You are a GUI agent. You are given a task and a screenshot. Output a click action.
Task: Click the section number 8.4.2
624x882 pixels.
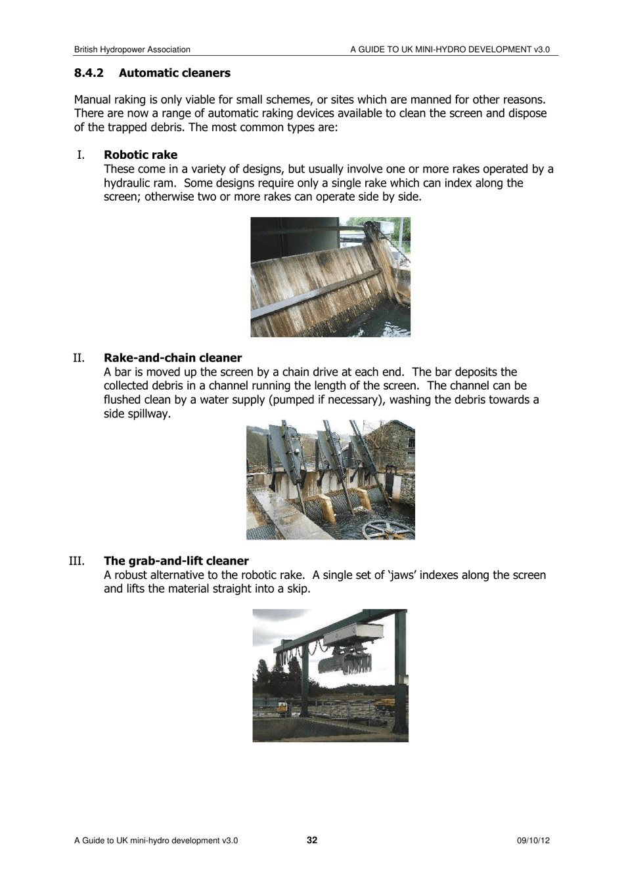89,73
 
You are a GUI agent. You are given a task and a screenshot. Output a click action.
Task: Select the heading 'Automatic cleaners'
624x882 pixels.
174,73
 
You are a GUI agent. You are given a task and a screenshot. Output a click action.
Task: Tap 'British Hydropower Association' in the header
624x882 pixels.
132,49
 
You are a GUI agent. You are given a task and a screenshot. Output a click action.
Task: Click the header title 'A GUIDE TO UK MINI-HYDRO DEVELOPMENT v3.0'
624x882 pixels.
449,49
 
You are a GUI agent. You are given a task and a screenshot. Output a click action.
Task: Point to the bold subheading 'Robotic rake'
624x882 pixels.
141,155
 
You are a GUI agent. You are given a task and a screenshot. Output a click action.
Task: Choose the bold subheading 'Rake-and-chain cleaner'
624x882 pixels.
173,358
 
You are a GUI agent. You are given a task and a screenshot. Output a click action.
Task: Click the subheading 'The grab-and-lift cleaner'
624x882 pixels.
176,561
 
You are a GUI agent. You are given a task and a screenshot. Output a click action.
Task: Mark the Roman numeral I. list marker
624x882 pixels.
80,155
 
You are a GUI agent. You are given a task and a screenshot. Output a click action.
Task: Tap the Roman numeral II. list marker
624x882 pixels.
78,358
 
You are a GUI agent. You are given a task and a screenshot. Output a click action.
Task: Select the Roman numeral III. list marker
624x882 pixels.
76,561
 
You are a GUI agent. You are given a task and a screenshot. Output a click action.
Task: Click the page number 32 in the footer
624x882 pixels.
312,840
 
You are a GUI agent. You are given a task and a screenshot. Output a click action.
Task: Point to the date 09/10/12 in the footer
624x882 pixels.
533,841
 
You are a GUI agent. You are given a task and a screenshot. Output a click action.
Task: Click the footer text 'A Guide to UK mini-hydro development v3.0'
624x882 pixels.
156,841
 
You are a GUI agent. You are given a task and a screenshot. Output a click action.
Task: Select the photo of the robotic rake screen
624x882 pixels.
330,277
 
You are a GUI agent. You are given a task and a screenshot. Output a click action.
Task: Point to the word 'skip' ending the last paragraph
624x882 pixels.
297,589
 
